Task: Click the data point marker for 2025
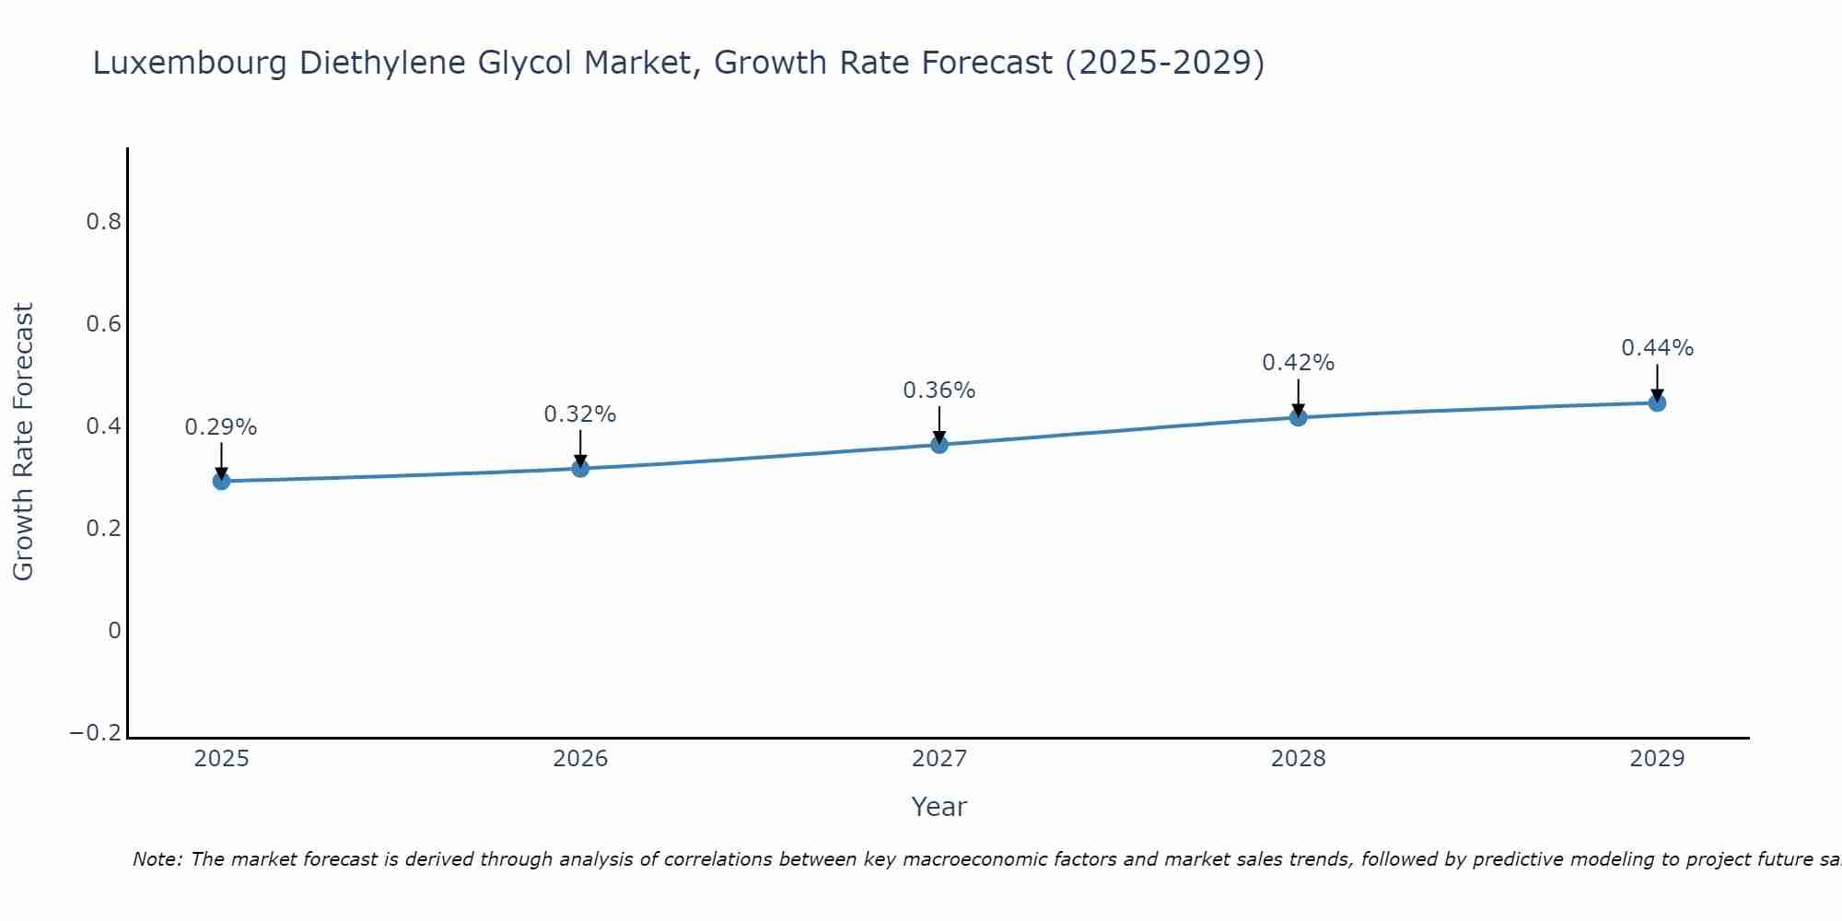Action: point(221,481)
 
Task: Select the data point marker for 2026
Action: point(580,468)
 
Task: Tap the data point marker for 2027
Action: point(939,445)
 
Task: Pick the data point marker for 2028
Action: point(1299,417)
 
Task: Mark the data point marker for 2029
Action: point(1657,402)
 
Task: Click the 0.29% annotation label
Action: point(221,427)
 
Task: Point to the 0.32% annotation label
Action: point(580,414)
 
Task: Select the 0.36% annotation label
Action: point(939,391)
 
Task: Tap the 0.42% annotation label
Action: point(1299,363)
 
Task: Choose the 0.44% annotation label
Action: point(1657,348)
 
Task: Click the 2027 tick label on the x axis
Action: point(939,759)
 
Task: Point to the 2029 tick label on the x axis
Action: point(1657,759)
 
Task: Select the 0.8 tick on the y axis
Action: point(103,222)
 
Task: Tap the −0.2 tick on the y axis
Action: point(96,733)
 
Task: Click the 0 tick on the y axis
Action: point(114,631)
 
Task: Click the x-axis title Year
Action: point(939,807)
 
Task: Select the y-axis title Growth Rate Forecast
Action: point(23,442)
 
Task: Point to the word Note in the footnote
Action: point(157,859)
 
